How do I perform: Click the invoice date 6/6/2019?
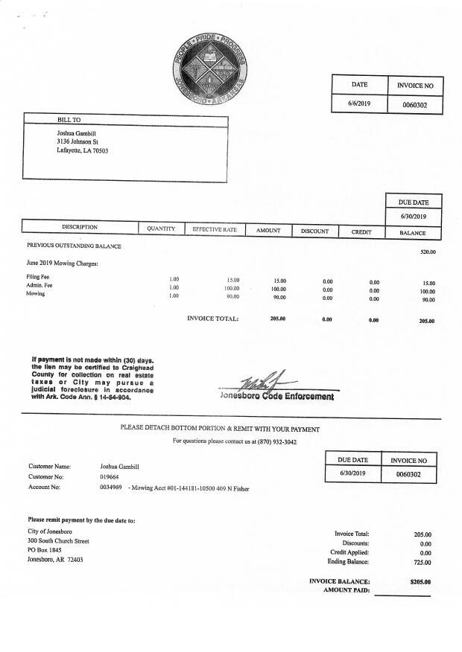[359, 103]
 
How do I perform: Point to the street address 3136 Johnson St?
[77, 141]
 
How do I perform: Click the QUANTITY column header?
[160, 229]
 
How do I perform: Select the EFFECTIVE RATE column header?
[215, 230]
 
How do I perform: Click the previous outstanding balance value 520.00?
[428, 252]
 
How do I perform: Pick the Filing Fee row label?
[39, 277]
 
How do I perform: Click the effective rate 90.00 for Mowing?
[232, 296]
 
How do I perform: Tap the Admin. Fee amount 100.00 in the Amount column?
[279, 289]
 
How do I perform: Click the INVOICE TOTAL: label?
[212, 319]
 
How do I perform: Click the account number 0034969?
[111, 488]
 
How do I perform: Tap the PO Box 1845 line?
[45, 550]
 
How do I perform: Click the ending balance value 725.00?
[423, 562]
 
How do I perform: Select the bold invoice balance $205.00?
[421, 582]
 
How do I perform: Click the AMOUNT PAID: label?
[346, 590]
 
